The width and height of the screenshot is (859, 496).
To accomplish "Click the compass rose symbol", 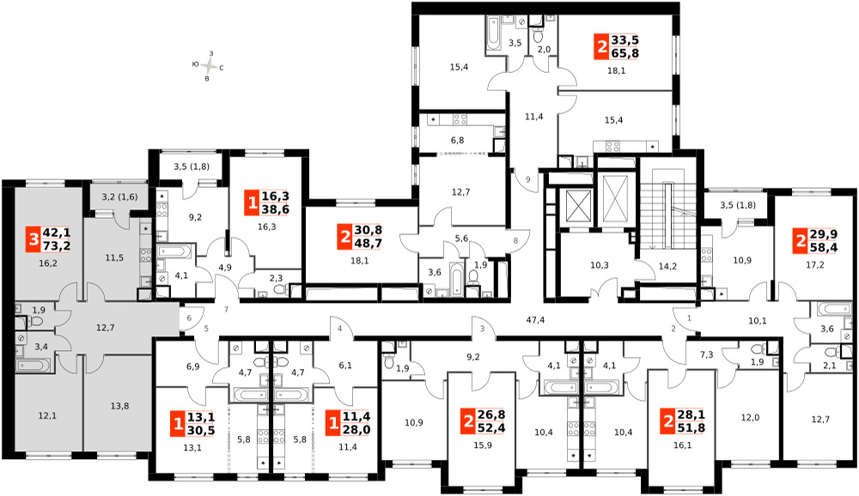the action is point(208,66).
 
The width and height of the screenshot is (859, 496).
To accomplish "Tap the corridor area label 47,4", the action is point(535,320).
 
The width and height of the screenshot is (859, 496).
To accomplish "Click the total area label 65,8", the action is point(625,53).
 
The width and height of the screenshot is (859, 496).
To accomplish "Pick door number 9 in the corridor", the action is point(527,179).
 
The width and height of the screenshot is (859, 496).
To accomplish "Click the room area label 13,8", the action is point(119,406).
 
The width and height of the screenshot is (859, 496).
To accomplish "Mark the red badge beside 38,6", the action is point(252,203).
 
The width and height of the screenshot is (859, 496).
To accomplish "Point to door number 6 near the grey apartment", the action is point(189,318).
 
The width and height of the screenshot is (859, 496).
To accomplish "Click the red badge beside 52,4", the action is point(468,422).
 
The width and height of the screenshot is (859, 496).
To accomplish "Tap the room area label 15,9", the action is point(482,445).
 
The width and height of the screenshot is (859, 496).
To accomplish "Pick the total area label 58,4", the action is point(824,247).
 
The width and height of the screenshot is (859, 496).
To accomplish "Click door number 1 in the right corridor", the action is point(689,317).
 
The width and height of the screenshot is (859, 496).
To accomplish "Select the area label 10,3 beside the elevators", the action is point(600,265).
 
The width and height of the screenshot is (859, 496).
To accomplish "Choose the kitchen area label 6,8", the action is point(458,140).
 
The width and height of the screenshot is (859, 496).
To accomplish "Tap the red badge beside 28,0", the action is point(332,424).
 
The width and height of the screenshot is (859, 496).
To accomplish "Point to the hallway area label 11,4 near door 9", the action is point(533,116).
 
